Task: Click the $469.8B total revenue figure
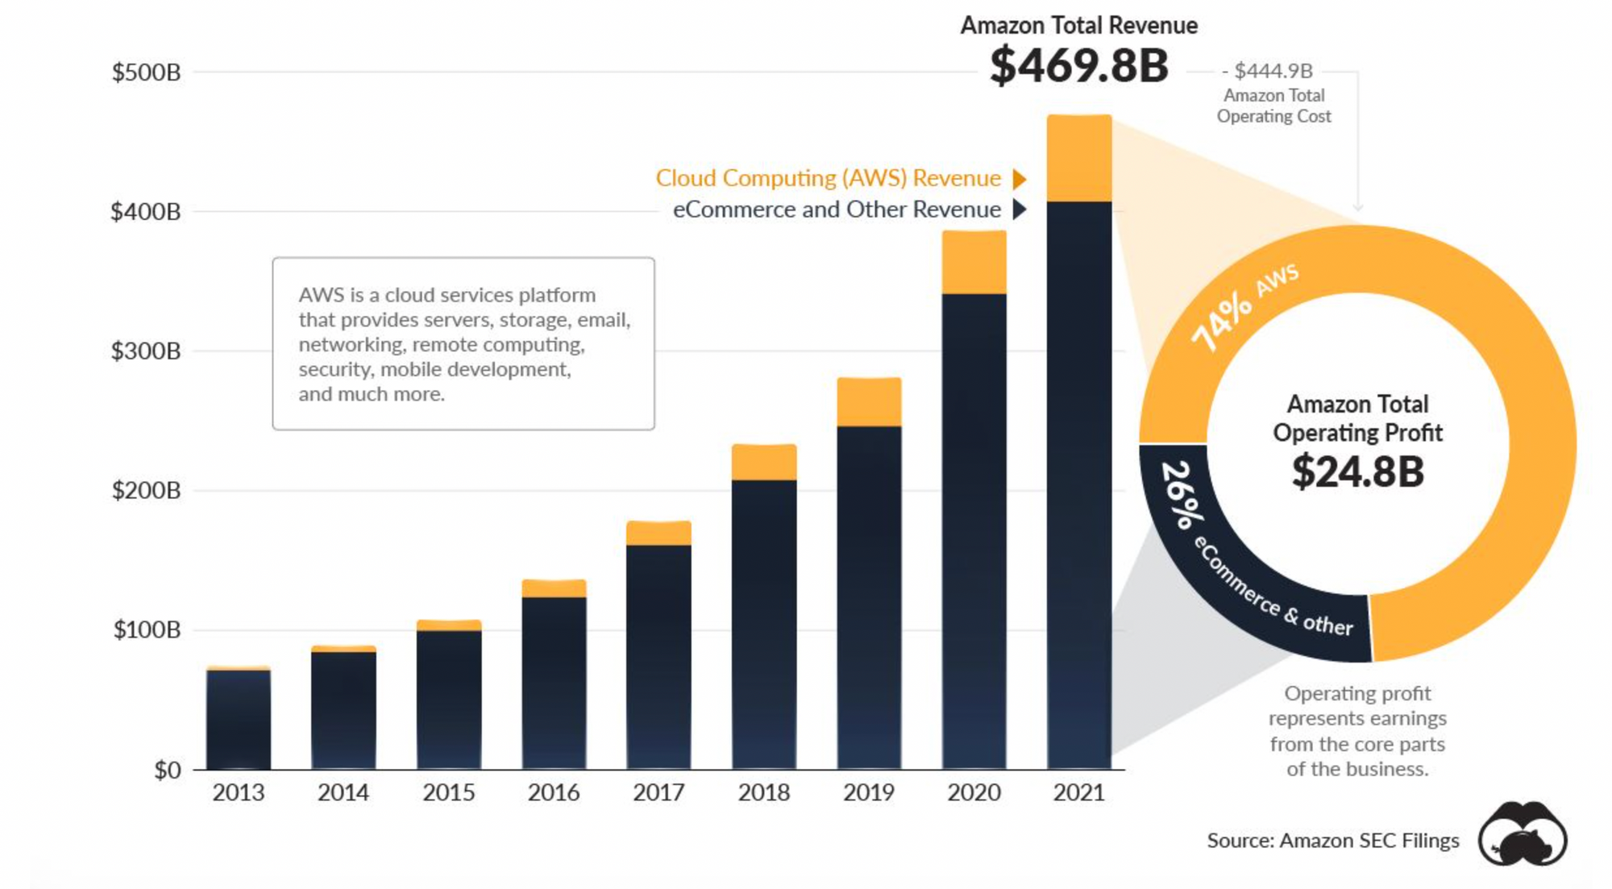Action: coord(1078,66)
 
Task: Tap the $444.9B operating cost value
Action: coord(1273,71)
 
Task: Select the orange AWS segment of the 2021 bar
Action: coord(1079,159)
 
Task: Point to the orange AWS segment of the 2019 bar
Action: coord(869,401)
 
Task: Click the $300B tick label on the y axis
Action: coord(146,351)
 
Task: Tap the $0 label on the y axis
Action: coord(168,771)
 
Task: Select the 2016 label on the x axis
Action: coord(554,793)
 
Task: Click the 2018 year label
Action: coord(763,793)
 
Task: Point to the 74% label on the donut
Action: coord(1222,322)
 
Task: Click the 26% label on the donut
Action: coord(1182,494)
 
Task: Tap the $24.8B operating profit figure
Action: coord(1357,472)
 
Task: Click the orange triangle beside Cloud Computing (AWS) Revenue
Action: coord(1020,178)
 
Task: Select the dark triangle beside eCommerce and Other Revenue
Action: coord(1020,210)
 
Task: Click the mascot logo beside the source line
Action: coord(1522,834)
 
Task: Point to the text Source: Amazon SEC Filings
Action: coord(1332,841)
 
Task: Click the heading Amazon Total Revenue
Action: coord(1078,26)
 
